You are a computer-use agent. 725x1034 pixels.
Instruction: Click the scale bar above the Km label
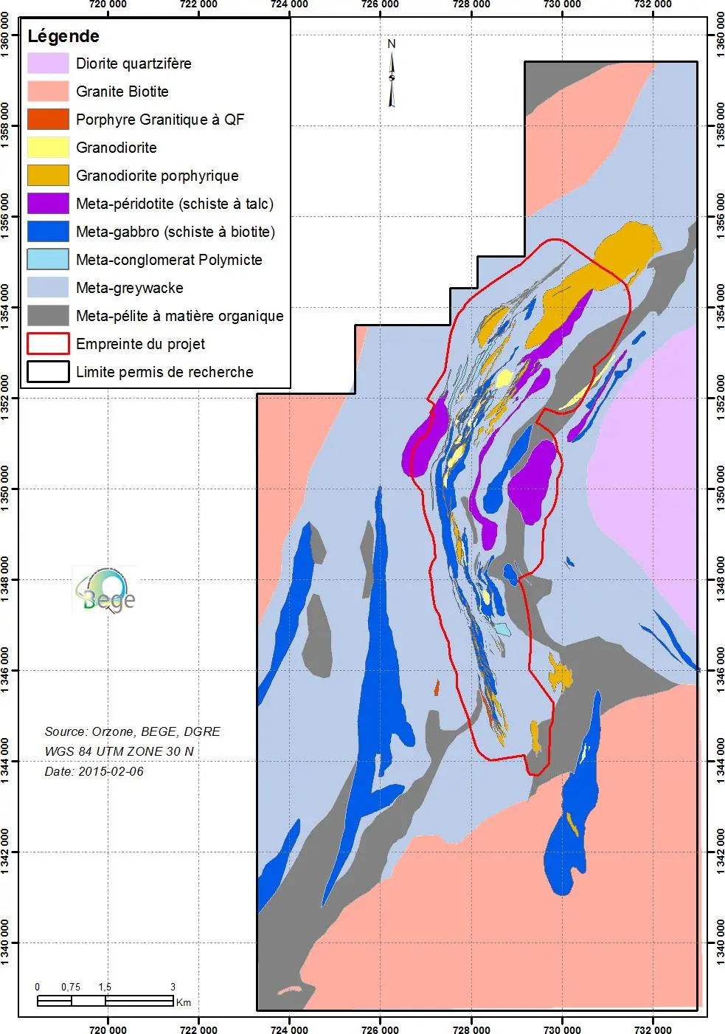[105, 1001]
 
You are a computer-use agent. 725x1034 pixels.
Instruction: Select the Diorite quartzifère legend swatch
[48, 63]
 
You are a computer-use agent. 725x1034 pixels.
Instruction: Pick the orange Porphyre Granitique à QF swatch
[48, 120]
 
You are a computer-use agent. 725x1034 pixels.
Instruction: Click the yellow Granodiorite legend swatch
[48, 148]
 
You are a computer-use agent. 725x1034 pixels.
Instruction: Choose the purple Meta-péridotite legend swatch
[48, 204]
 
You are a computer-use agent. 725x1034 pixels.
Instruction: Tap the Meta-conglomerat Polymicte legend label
[169, 260]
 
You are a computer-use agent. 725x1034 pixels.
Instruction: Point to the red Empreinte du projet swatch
[48, 344]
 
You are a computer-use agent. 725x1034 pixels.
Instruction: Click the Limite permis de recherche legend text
[164, 372]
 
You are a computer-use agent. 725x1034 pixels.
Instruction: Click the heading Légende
[63, 36]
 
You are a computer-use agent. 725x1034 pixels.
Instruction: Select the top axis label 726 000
[381, 4]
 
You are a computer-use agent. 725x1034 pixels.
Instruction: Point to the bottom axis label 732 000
[653, 1030]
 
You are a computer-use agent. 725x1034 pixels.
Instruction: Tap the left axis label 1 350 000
[6, 489]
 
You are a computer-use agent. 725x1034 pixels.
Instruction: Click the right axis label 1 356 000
[719, 216]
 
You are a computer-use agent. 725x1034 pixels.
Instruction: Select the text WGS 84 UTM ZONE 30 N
[119, 751]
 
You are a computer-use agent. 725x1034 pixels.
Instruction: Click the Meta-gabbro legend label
[175, 232]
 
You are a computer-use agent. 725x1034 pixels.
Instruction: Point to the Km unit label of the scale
[184, 1002]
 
